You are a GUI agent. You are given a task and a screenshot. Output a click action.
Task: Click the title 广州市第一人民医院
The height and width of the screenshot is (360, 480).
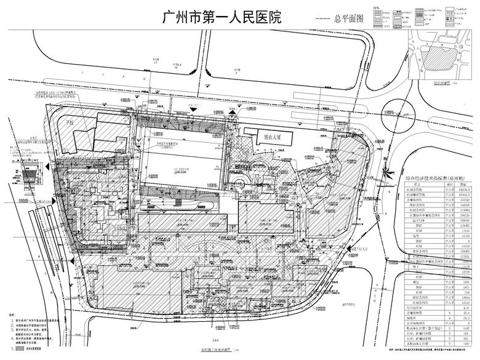(221, 17)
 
